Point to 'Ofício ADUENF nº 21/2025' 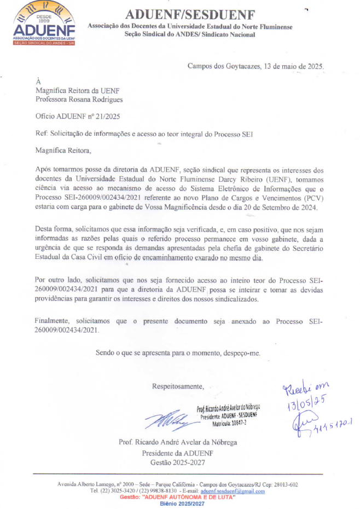78,117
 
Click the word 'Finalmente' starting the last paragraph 54,322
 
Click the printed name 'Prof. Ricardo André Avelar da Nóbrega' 178,442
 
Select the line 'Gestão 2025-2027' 177,462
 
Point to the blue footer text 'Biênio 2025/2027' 182,504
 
